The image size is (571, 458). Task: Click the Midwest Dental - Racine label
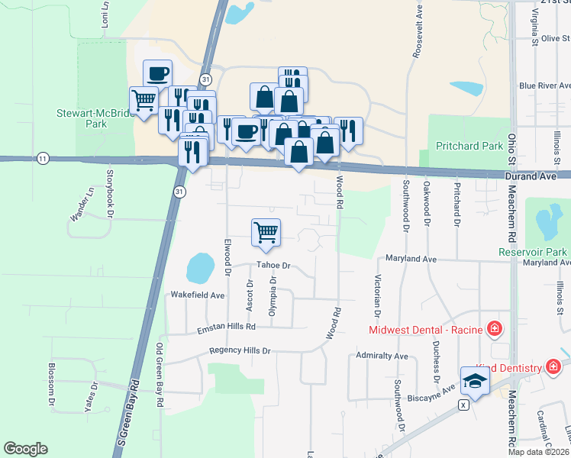(x=425, y=331)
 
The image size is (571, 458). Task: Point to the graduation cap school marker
(x=475, y=380)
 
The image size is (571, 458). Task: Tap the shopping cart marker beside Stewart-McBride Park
(x=144, y=100)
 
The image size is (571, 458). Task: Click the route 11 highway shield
(x=44, y=158)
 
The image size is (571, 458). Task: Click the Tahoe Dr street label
(x=274, y=266)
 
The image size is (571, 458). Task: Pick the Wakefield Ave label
(x=198, y=295)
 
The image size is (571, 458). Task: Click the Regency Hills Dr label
(x=240, y=351)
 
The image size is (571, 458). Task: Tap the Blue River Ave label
(x=545, y=86)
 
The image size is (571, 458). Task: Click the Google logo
(x=25, y=449)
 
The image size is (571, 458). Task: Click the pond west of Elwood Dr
(x=200, y=268)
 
